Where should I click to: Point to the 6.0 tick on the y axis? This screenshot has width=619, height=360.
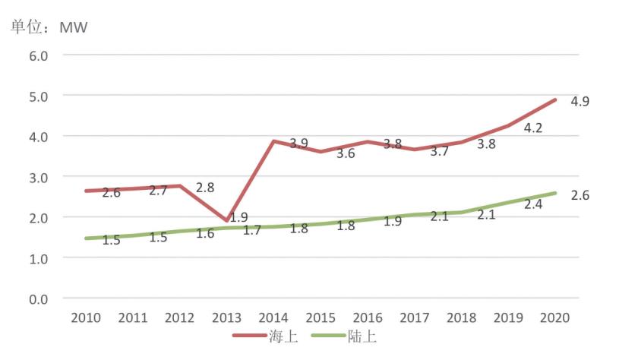pyautogui.click(x=39, y=55)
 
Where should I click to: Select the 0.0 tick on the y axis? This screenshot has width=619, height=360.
pyautogui.click(x=39, y=298)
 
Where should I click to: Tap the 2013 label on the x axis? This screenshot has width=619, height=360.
pyautogui.click(x=226, y=317)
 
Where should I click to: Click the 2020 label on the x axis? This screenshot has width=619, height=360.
pyautogui.click(x=554, y=317)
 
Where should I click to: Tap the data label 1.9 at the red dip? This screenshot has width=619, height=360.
pyautogui.click(x=238, y=217)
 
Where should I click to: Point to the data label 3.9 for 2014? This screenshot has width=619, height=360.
pyautogui.click(x=299, y=144)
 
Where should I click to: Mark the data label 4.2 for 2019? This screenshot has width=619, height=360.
pyautogui.click(x=532, y=128)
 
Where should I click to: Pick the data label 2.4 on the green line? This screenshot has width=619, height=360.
pyautogui.click(x=532, y=204)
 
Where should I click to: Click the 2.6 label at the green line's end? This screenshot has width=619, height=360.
pyautogui.click(x=581, y=194)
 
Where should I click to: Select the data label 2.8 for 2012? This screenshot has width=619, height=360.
pyautogui.click(x=205, y=187)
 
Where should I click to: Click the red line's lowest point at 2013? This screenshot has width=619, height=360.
pyautogui.click(x=226, y=220)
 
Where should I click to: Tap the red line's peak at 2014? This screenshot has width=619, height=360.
pyautogui.click(x=273, y=141)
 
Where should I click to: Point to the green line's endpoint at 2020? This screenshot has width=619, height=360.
pyautogui.click(x=555, y=193)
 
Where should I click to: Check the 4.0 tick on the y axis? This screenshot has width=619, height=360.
pyautogui.click(x=39, y=137)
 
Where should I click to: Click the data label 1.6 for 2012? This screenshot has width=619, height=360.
pyautogui.click(x=205, y=233)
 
